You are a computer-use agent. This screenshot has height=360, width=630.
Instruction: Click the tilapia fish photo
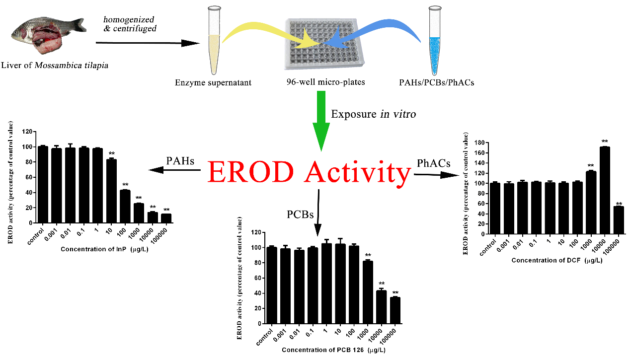(x=48, y=35)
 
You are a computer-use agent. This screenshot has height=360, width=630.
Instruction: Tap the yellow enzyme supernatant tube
(x=214, y=41)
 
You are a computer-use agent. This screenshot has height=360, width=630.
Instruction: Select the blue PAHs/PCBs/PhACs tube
(x=435, y=41)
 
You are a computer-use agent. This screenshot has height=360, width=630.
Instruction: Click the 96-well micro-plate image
(x=324, y=44)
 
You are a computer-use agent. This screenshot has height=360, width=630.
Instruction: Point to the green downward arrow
(x=321, y=121)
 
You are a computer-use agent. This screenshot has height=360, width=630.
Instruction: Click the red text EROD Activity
(x=310, y=172)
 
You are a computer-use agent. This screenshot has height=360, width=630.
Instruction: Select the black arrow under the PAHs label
(x=174, y=170)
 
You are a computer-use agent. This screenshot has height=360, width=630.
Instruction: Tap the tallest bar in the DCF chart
(x=605, y=190)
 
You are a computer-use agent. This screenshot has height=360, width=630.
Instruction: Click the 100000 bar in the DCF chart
(x=619, y=220)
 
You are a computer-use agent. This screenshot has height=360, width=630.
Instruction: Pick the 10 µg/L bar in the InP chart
(x=111, y=191)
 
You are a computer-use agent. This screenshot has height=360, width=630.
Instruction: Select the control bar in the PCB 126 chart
(x=272, y=285)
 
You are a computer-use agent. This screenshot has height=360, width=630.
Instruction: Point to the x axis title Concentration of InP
(x=104, y=249)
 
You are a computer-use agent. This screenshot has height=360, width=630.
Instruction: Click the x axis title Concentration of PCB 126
(x=333, y=350)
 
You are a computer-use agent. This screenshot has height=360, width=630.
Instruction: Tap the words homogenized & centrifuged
(x=130, y=24)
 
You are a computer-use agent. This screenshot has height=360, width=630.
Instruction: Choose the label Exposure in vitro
(x=373, y=114)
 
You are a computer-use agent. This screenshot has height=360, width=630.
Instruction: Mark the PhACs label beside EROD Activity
(x=433, y=163)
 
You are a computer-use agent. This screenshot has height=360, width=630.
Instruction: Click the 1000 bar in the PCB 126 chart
(x=368, y=292)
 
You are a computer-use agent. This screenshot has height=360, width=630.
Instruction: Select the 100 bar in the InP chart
(x=125, y=206)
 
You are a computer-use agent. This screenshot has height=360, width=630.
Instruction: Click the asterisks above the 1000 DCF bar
(x=591, y=166)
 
